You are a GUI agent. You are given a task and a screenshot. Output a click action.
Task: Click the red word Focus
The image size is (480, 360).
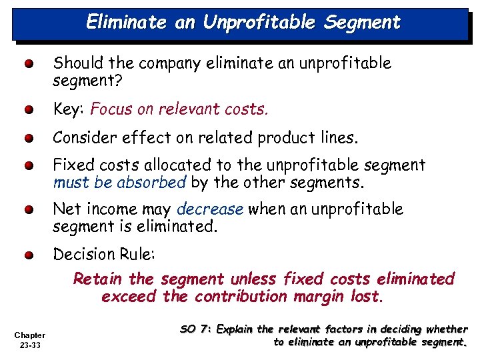point(111,109)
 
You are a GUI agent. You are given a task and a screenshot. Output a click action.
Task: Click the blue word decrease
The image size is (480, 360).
point(211,209)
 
